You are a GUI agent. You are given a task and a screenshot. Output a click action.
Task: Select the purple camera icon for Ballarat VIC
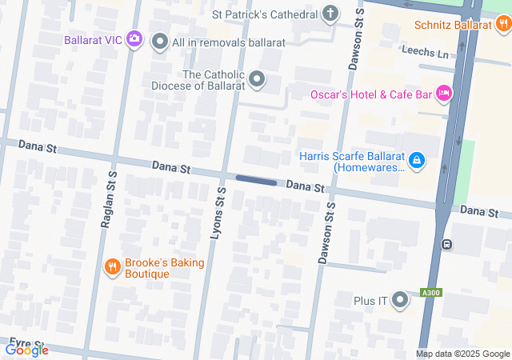click(x=134, y=38)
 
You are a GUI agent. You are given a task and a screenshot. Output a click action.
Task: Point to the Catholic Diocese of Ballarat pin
click(x=257, y=78)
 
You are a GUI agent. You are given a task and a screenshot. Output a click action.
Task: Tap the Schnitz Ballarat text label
click(x=452, y=25)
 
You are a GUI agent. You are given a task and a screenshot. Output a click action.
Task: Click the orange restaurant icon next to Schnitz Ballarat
click(x=502, y=25)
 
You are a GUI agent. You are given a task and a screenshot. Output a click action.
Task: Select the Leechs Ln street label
click(x=426, y=52)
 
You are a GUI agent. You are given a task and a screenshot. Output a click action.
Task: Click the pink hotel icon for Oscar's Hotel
click(x=444, y=94)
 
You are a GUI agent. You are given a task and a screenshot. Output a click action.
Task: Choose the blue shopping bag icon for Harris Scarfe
click(x=416, y=161)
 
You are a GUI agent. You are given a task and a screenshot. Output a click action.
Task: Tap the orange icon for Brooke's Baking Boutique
click(x=112, y=267)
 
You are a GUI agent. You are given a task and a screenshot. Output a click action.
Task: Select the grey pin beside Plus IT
click(x=399, y=301)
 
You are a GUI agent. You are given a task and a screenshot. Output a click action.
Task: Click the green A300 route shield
click(x=432, y=294)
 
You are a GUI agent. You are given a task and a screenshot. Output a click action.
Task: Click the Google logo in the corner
click(x=26, y=350)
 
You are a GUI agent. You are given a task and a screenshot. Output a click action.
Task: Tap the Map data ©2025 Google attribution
click(x=462, y=354)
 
